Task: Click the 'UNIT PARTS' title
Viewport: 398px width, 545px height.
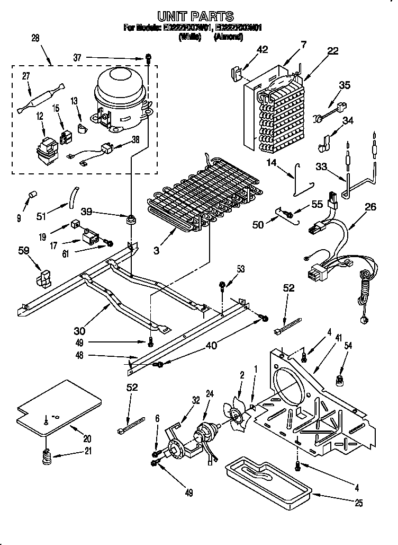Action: (195, 16)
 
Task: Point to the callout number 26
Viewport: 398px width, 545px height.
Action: (370, 207)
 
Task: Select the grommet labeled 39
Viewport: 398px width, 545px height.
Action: (130, 219)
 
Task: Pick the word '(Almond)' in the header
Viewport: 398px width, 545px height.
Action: (228, 37)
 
